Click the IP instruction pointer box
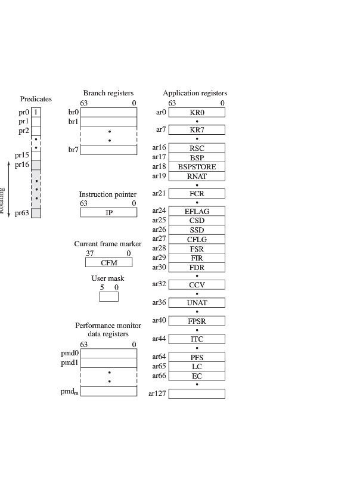(108, 212)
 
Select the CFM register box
(108, 262)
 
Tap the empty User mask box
(108, 296)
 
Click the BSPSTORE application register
(197, 167)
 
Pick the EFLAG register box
(197, 211)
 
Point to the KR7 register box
(197, 129)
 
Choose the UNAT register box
(197, 302)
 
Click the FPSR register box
(197, 321)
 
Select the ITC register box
(197, 339)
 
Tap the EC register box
(197, 376)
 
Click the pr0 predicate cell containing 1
(36, 111)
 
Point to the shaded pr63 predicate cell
(36, 213)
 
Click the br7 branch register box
(108, 150)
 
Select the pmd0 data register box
(108, 353)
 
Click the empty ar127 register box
(197, 394)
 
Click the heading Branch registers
(108, 93)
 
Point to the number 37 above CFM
(90, 253)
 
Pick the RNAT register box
(197, 176)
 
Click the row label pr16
(23, 165)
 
